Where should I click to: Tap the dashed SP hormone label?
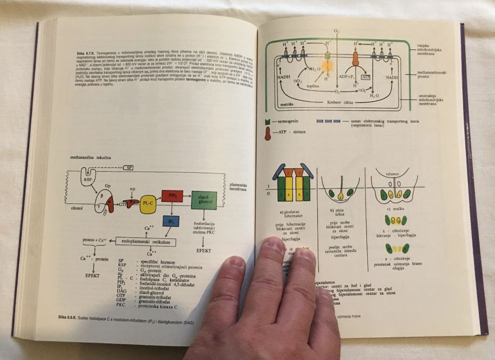coord(129,168)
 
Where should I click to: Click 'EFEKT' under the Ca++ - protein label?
coord(94,274)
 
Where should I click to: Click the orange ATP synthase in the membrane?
coord(355,59)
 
